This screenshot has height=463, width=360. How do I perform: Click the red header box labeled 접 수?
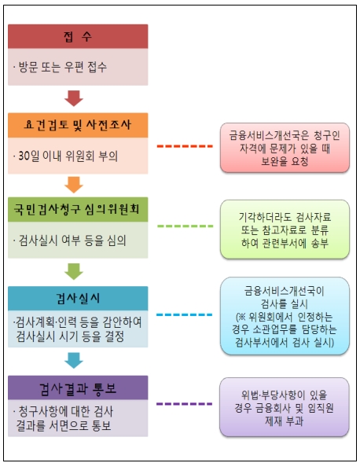[x=78, y=36]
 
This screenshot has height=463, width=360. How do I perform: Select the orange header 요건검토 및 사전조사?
[x=78, y=125]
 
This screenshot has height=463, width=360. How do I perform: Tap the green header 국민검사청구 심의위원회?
[x=78, y=210]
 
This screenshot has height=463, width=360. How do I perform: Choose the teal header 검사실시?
[x=78, y=298]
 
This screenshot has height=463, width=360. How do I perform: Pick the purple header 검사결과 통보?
[x=78, y=388]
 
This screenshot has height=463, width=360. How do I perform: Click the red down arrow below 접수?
[x=74, y=98]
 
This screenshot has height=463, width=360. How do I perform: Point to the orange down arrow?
[x=74, y=185]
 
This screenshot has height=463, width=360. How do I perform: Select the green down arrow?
[x=74, y=271]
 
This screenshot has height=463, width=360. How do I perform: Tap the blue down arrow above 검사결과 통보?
[x=74, y=360]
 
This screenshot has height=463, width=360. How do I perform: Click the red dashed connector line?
[x=185, y=146]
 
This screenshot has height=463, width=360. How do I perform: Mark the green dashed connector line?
[x=186, y=226]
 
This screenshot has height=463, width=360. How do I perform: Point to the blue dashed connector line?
[x=185, y=314]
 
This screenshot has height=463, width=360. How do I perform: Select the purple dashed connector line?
[x=185, y=403]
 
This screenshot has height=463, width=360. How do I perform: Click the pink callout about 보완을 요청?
[x=285, y=148]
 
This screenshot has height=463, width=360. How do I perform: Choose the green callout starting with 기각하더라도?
[x=285, y=230]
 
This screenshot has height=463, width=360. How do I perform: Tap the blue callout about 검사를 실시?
[x=285, y=316]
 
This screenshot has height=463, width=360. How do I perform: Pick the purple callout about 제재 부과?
[x=285, y=407]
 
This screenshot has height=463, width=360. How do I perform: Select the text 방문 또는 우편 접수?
[x=63, y=67]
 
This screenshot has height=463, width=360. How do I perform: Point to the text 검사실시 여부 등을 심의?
[x=72, y=241]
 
